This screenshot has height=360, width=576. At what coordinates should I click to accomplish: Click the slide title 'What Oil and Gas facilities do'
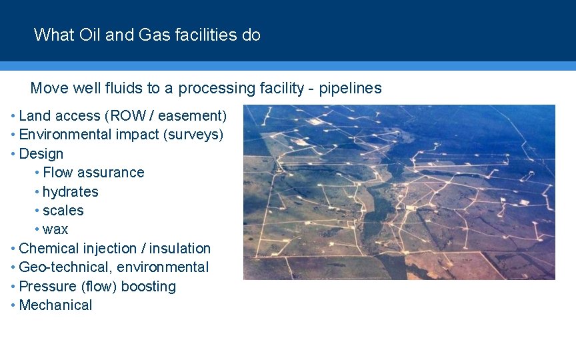(x=147, y=35)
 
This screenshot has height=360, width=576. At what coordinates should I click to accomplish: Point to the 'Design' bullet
(x=41, y=154)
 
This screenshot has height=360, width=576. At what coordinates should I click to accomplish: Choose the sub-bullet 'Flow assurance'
(x=93, y=173)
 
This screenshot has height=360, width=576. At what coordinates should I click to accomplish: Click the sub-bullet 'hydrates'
(x=70, y=192)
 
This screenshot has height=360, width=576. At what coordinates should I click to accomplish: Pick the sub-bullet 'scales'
(x=63, y=211)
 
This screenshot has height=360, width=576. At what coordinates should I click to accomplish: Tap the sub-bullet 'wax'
(x=55, y=230)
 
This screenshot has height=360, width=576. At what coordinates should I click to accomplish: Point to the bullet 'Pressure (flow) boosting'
(x=97, y=287)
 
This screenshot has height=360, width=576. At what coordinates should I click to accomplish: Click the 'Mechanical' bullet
(x=56, y=305)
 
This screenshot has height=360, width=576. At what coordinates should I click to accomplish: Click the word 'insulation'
(x=180, y=249)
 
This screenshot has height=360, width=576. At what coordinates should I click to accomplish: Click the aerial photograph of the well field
(x=399, y=192)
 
